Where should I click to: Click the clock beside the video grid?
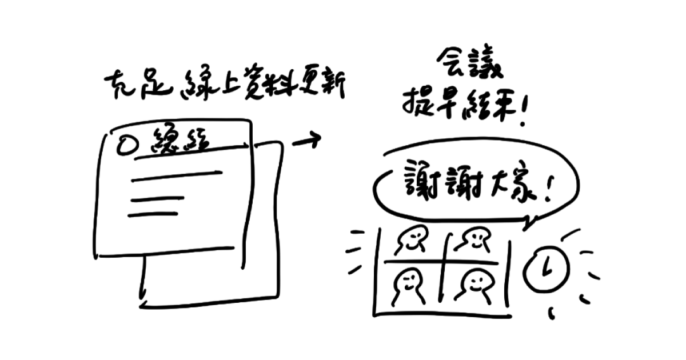pyautogui.click(x=547, y=268)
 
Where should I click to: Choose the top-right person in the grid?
pyautogui.click(x=474, y=240)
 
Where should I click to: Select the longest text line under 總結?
pyautogui.click(x=176, y=175)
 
